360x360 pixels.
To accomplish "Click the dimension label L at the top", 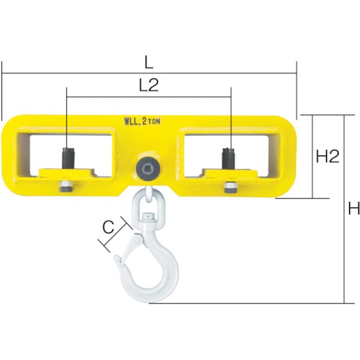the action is tap(149, 63).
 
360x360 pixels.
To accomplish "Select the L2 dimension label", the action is tap(149, 85).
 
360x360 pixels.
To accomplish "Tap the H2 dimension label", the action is tap(328, 156).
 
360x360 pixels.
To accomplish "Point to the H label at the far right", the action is tap(354, 208).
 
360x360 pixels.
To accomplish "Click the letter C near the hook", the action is tap(108, 228).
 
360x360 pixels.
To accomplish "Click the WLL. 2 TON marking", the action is tap(142, 121).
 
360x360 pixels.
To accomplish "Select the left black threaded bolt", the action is tap(68, 158).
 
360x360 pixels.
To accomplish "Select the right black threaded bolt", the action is tap(228, 158).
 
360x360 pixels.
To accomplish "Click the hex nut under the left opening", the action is tap(66, 186).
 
